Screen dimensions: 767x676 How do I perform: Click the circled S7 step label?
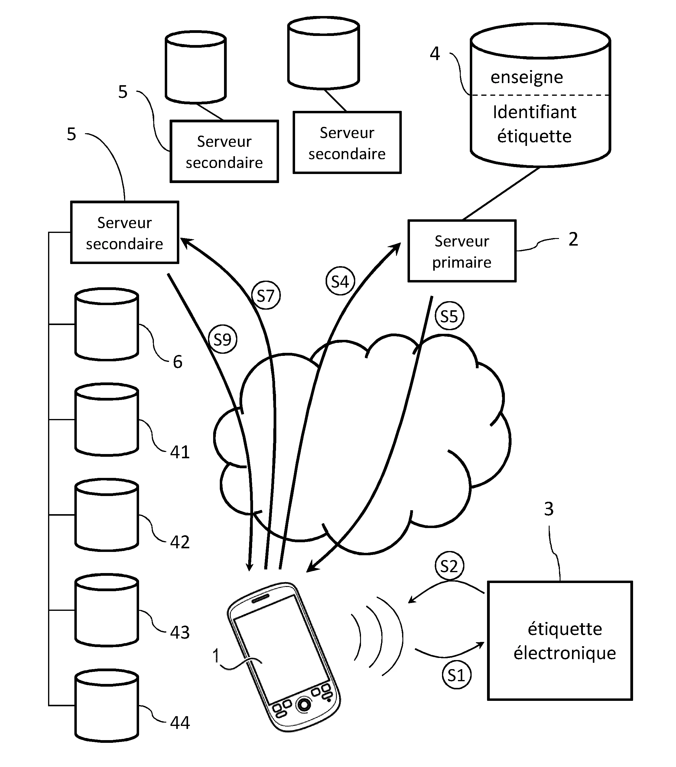[x=265, y=296]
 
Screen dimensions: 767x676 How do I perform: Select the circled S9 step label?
[x=222, y=340]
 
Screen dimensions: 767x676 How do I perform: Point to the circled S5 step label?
[x=449, y=316]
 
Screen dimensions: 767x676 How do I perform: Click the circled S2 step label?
[x=449, y=566]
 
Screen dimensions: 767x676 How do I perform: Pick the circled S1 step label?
[x=456, y=675]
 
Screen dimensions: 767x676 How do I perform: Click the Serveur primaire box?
[x=462, y=251]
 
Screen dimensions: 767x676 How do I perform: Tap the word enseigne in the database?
[x=527, y=77]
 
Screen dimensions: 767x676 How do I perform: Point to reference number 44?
[x=180, y=722]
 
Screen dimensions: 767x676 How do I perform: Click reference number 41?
[x=180, y=452]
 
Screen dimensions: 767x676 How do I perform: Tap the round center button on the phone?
[x=304, y=705]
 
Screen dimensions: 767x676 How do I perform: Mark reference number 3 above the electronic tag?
[x=549, y=509]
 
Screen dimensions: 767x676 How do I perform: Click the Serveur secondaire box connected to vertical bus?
[x=124, y=233]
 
